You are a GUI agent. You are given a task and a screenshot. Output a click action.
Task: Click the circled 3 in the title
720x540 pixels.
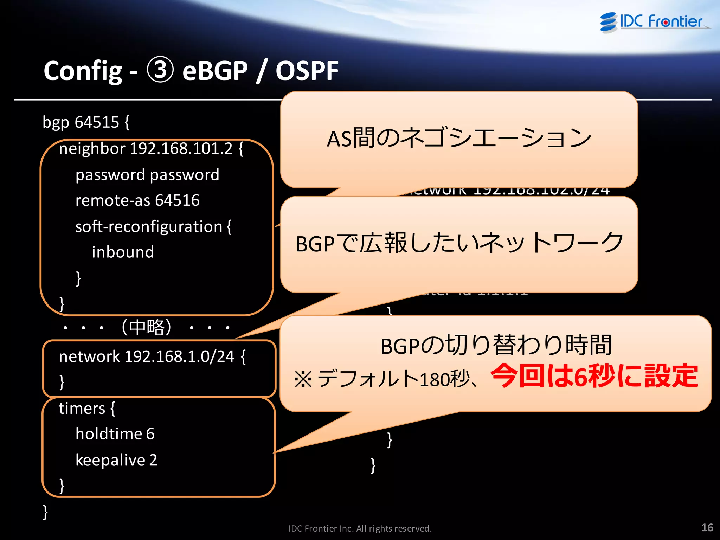tap(160, 70)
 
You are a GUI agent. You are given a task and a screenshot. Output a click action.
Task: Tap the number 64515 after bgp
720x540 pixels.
tap(97, 122)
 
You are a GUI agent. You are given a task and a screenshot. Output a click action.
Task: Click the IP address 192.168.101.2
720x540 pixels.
tap(181, 148)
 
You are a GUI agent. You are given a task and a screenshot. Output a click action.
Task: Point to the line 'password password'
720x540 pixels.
tap(147, 175)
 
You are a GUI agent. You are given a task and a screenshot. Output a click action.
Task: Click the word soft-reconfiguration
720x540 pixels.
tap(149, 227)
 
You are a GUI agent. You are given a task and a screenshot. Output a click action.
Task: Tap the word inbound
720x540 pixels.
tap(123, 252)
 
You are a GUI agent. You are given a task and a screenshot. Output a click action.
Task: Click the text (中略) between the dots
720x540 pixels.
tap(146, 327)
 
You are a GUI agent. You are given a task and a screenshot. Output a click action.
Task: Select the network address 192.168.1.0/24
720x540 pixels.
tap(179, 356)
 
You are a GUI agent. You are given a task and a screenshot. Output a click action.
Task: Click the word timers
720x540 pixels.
tap(82, 408)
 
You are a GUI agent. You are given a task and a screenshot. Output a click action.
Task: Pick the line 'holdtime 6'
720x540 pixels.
tap(115, 434)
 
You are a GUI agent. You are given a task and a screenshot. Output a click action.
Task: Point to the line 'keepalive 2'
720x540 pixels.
tap(116, 460)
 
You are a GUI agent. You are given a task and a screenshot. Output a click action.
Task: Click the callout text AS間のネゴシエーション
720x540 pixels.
tap(459, 138)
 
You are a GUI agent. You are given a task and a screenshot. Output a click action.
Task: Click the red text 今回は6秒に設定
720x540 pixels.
tap(594, 376)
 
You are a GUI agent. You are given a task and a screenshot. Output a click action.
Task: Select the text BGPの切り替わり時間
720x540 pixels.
tap(496, 345)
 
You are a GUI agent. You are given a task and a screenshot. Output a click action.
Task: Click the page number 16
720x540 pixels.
tap(707, 527)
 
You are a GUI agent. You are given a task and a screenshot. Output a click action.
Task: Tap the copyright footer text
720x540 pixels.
tap(360, 528)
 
